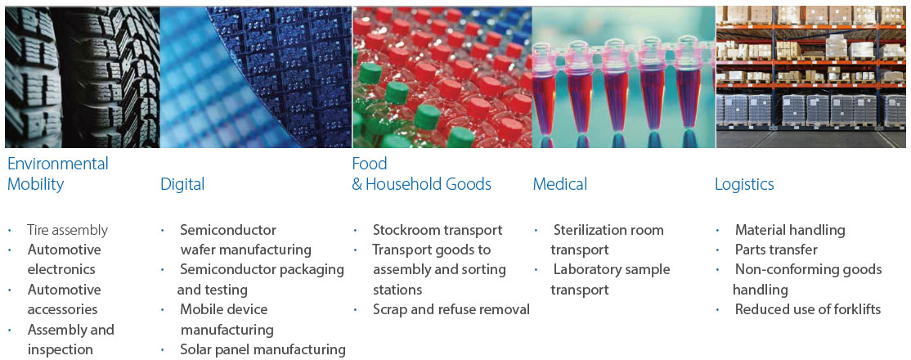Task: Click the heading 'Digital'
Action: (x=182, y=184)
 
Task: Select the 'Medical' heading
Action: (x=560, y=184)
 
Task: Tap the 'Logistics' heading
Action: (x=744, y=185)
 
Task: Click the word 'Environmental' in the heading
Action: (x=58, y=164)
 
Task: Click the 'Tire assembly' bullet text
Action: (x=67, y=230)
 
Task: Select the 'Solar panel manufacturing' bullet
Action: (x=263, y=349)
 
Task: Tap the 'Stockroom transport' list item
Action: (x=438, y=230)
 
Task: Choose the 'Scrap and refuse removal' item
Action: (x=451, y=310)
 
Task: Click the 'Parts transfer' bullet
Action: (x=776, y=250)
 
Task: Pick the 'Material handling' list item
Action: (x=790, y=230)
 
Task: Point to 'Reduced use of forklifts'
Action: (x=808, y=309)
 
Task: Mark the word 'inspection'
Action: (x=61, y=350)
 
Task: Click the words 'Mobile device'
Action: (x=224, y=309)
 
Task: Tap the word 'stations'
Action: (x=397, y=290)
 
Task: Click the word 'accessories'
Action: (x=63, y=309)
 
